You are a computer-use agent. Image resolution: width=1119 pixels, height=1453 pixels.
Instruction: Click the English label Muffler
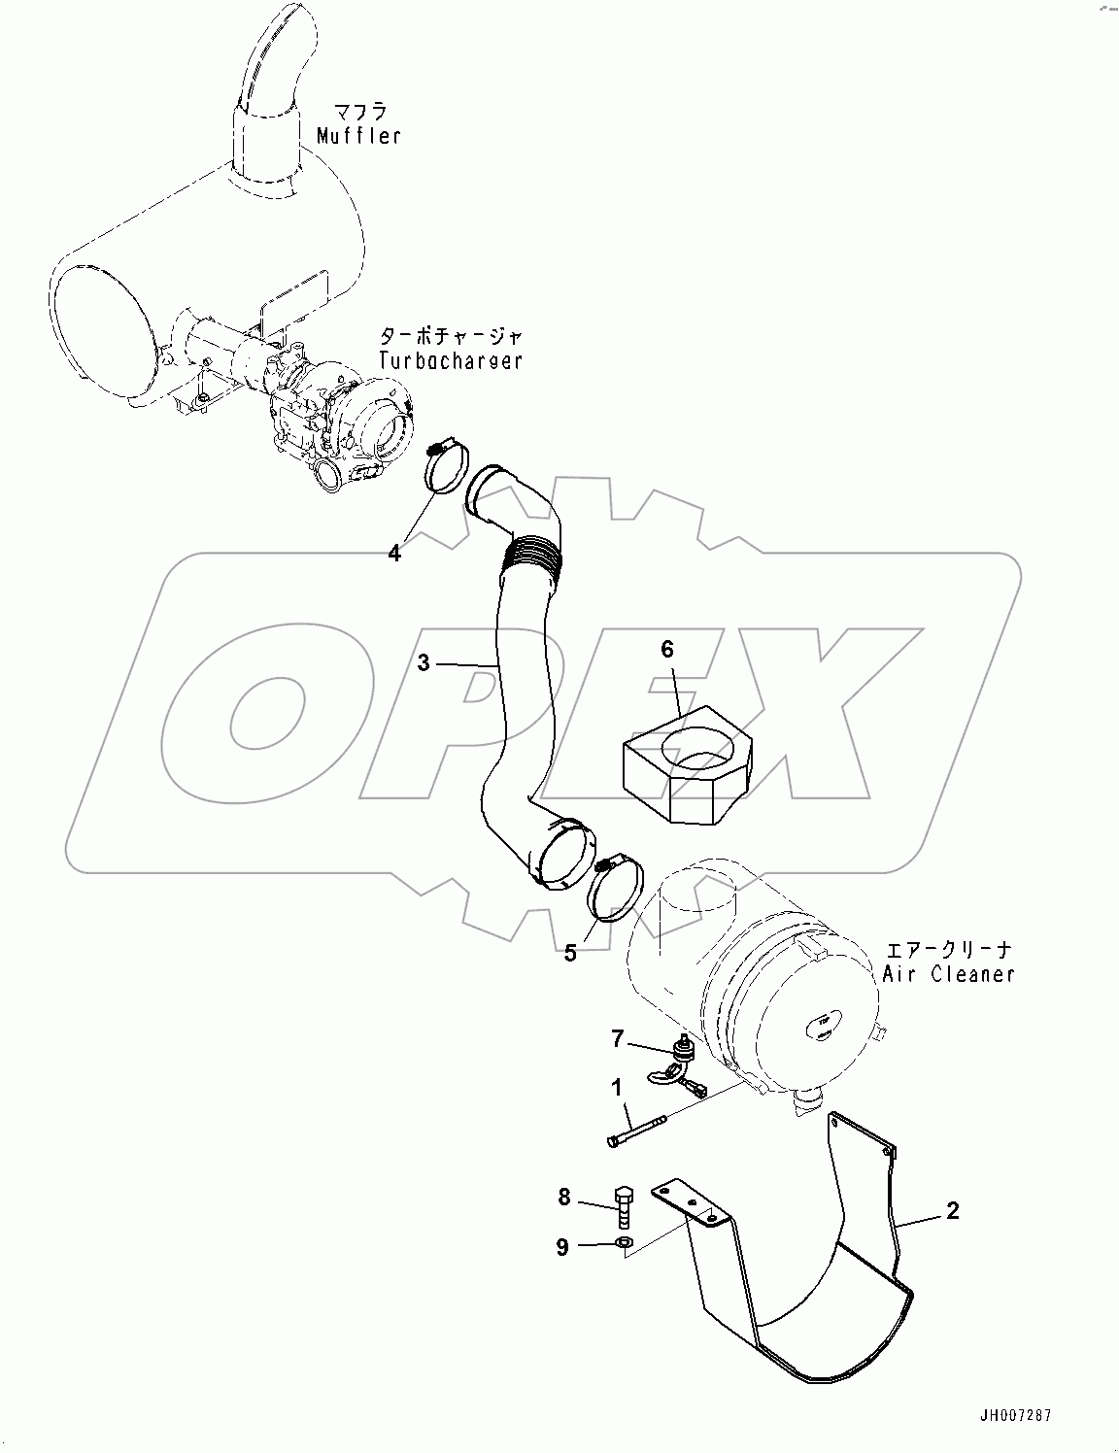click(x=358, y=136)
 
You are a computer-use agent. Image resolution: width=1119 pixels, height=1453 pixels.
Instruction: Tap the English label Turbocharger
click(x=451, y=360)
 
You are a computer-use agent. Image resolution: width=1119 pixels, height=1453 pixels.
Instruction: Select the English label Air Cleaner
click(x=948, y=973)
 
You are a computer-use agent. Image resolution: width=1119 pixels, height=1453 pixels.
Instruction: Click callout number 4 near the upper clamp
click(x=393, y=554)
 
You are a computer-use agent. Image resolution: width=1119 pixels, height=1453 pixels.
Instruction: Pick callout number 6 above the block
click(x=667, y=650)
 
